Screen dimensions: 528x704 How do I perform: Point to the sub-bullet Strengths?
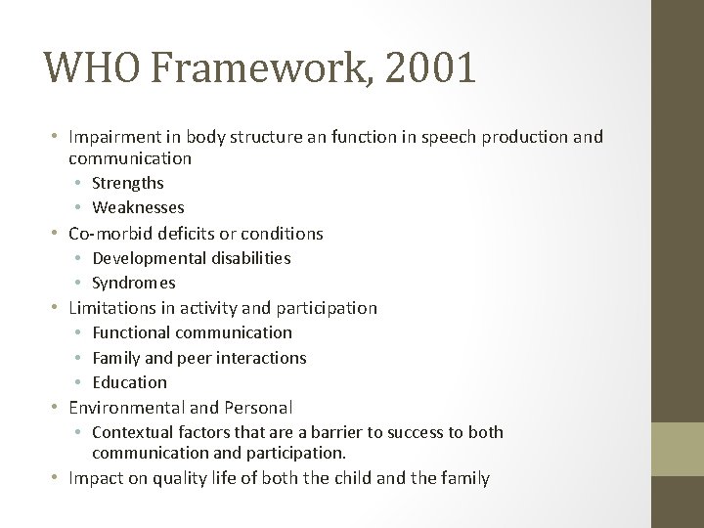[127, 183]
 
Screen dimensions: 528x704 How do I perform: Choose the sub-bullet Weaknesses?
[138, 207]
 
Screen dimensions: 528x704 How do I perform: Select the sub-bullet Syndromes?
[134, 284]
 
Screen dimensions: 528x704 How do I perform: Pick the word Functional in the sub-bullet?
[129, 333]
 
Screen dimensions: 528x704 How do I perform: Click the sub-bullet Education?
[129, 382]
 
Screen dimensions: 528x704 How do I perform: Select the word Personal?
[260, 408]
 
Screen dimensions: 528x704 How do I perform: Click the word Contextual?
[129, 433]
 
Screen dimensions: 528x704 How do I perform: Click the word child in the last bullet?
[384, 479]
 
